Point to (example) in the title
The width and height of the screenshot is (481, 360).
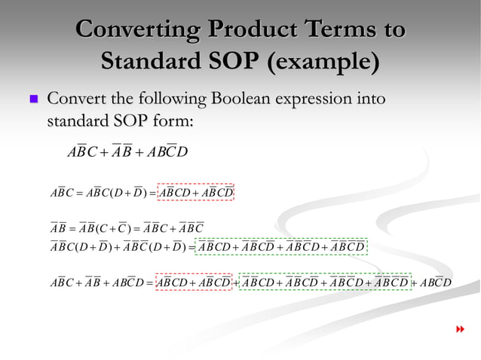pyautogui.click(x=322, y=61)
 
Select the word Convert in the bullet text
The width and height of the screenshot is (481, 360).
pyautogui.click(x=75, y=99)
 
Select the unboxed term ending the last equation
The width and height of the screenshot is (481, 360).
pyautogui.click(x=434, y=282)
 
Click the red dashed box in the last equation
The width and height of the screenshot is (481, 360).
pyautogui.click(x=192, y=282)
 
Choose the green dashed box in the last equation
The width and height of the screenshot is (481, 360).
pyautogui.click(x=325, y=282)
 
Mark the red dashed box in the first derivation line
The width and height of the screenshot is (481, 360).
pyautogui.click(x=197, y=193)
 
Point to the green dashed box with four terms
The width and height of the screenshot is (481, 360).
pyautogui.click(x=281, y=246)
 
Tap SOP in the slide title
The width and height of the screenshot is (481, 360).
pyautogui.click(x=230, y=61)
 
